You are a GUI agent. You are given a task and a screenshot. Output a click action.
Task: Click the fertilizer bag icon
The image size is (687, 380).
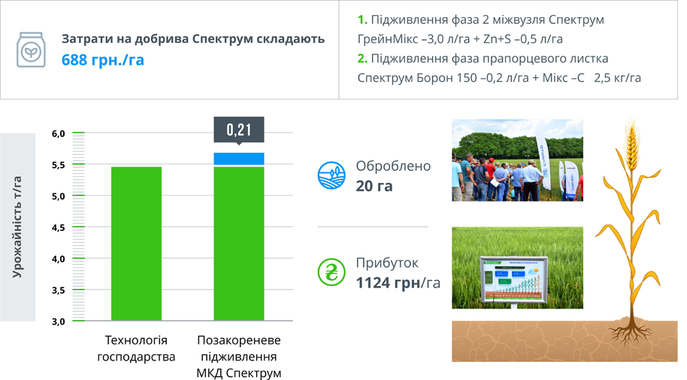click(x=31, y=50)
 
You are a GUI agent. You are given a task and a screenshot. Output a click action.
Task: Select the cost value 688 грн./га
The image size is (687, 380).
click(x=102, y=59)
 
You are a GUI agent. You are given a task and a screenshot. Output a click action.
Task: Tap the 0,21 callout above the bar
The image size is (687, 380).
click(x=239, y=130)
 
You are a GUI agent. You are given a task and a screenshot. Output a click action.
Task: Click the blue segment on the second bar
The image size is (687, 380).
click(x=239, y=159)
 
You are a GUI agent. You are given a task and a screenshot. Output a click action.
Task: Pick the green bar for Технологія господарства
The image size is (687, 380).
click(x=136, y=244)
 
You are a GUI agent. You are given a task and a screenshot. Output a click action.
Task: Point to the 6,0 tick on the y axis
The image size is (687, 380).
click(x=59, y=133)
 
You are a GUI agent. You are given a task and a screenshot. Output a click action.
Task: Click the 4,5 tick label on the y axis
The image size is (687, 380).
click(x=59, y=227)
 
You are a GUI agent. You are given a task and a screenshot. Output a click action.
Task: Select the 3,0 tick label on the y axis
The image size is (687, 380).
click(x=59, y=321)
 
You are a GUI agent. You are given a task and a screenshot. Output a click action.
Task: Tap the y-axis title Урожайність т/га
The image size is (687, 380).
click(x=17, y=226)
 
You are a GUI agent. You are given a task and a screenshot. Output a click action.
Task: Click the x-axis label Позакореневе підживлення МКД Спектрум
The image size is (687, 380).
click(x=239, y=357)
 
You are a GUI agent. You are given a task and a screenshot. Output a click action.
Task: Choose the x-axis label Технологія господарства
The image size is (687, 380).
click(x=136, y=348)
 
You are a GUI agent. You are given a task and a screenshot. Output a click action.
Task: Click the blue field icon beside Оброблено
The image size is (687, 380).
click(x=331, y=175)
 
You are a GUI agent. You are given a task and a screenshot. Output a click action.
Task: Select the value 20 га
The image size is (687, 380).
click(x=374, y=186)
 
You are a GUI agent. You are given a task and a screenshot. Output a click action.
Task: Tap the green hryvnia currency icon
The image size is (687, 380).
click(x=331, y=272)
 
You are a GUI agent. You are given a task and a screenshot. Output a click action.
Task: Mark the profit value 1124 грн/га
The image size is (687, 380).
click(x=398, y=283)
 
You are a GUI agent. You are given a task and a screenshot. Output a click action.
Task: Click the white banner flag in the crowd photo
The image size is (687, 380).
click(x=543, y=162)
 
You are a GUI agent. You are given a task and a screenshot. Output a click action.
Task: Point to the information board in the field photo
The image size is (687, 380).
click(x=513, y=280)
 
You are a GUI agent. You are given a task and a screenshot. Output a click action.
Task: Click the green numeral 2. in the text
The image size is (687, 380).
click(x=362, y=59)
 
